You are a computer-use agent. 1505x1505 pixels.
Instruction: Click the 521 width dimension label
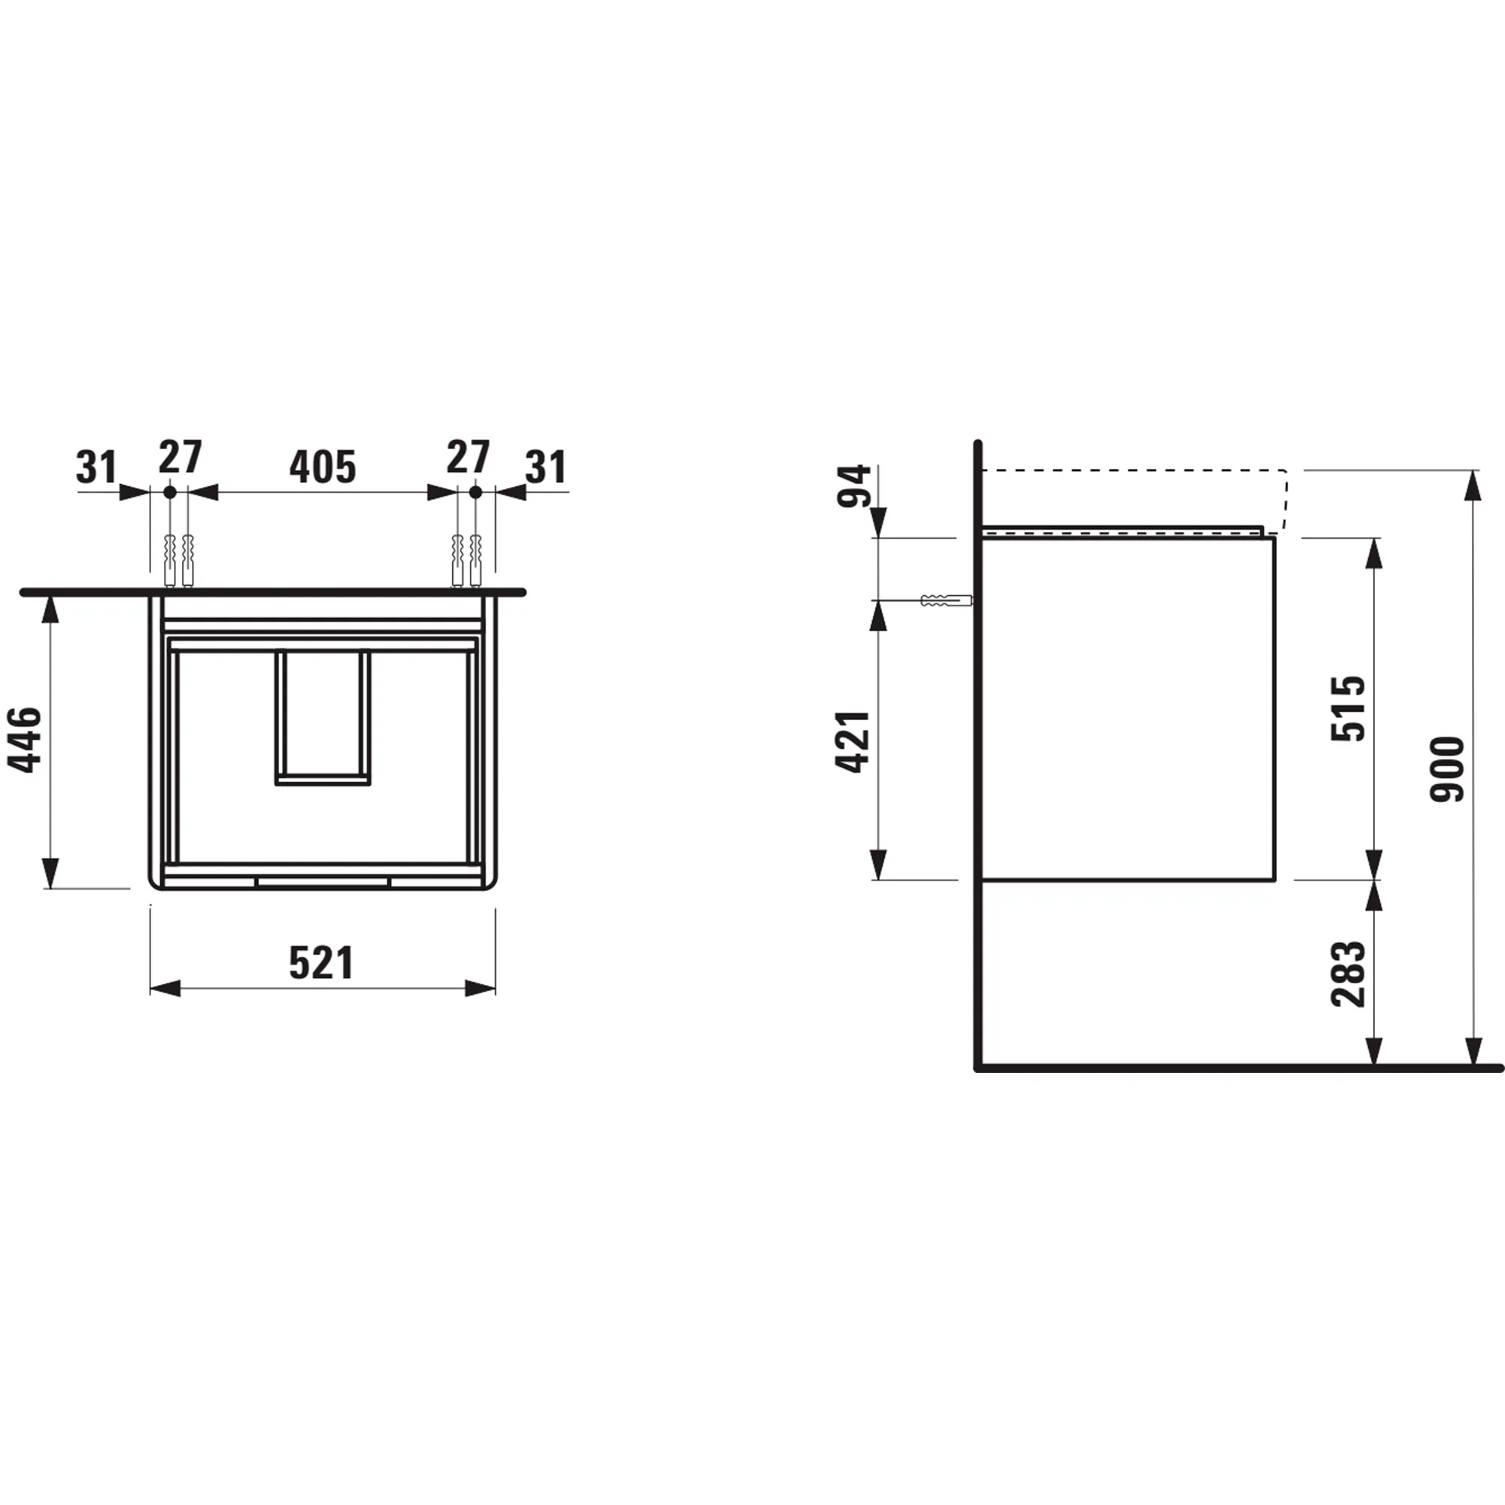(x=322, y=963)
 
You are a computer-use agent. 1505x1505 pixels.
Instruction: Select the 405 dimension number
(x=323, y=467)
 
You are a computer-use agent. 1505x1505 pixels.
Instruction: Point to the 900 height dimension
(x=1448, y=769)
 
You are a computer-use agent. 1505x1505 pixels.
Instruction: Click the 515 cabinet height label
(x=1348, y=708)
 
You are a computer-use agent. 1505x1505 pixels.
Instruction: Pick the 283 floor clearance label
(x=1348, y=974)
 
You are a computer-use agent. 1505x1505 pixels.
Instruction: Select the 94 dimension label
(x=854, y=486)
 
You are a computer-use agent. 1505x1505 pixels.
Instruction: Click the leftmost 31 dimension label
(x=96, y=467)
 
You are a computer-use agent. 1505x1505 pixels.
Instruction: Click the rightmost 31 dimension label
(x=546, y=467)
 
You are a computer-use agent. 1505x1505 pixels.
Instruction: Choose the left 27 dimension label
(x=180, y=458)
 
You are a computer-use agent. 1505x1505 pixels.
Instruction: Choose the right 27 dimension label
(x=467, y=458)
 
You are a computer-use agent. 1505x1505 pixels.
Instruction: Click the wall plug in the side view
(x=946, y=600)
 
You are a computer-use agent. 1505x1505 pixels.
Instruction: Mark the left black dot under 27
(x=170, y=492)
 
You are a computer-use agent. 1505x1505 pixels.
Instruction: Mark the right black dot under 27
(x=476, y=492)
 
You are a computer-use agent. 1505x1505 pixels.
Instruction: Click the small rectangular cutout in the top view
(x=323, y=716)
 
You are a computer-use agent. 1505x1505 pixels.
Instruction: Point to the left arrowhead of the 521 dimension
(x=164, y=989)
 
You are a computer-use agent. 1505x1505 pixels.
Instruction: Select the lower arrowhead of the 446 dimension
(x=50, y=873)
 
